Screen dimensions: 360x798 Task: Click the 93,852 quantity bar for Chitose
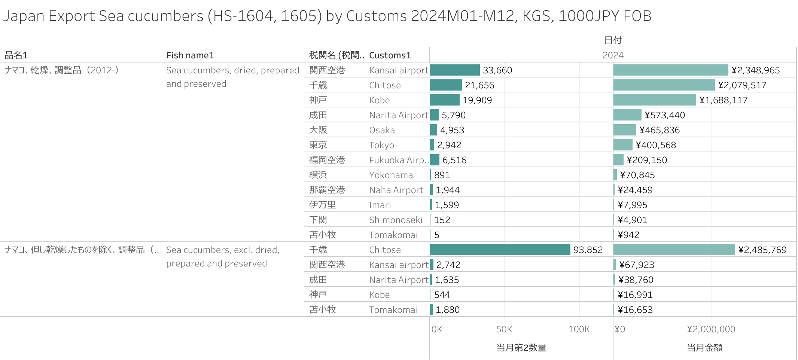pos(500,250)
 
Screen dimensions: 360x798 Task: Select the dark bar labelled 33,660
pos(455,70)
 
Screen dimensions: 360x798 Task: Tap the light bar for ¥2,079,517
pos(664,85)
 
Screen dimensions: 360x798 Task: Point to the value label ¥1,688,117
pos(723,100)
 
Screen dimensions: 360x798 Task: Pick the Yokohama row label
pos(391,175)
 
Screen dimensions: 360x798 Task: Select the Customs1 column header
pos(390,55)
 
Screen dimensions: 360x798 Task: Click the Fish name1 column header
pos(190,55)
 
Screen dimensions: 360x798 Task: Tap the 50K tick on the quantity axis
pos(504,329)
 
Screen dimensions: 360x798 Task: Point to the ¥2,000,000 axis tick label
pos(711,329)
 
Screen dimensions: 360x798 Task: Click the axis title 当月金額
pos(704,348)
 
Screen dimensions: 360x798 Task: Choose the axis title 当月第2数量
pos(521,348)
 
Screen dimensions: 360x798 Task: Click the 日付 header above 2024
pos(613,40)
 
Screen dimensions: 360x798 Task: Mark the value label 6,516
pos(454,160)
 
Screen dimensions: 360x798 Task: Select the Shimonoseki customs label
pos(396,220)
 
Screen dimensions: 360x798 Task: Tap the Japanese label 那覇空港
pos(327,190)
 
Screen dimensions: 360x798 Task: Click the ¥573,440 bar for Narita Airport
pos(627,115)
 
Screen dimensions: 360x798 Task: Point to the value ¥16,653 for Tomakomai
pos(635,310)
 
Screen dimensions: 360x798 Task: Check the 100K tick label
pos(579,329)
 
